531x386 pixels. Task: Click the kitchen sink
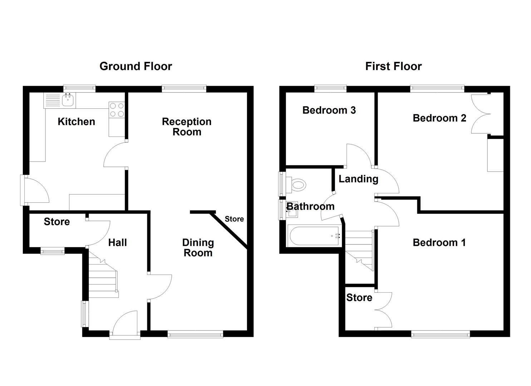[68, 100]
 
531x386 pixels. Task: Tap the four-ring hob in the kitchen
[117, 110]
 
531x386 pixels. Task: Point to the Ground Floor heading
[136, 66]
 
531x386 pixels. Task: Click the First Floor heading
[393, 66]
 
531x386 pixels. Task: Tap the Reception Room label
[187, 127]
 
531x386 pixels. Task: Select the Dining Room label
[198, 248]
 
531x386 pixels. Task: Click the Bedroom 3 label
[329, 110]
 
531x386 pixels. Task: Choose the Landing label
[358, 179]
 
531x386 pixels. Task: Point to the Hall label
[117, 243]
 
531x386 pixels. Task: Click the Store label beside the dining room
[234, 219]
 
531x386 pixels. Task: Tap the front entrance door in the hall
[125, 323]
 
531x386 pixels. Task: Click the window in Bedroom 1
[440, 334]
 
